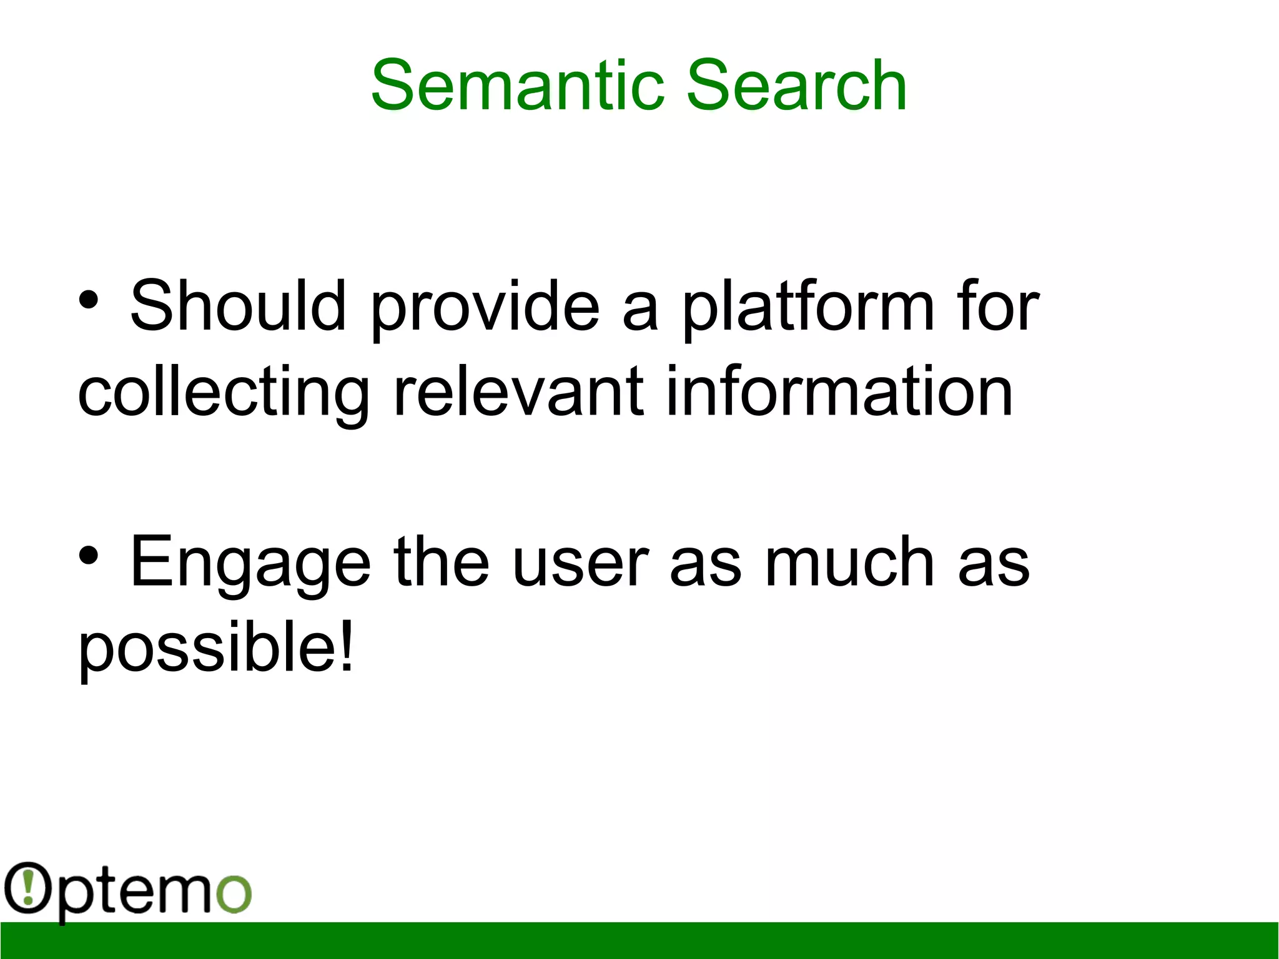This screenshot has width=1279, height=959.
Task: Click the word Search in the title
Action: pyautogui.click(x=796, y=86)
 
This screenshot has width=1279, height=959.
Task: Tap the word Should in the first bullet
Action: pyautogui.click(x=238, y=306)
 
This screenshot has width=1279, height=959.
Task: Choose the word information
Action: pyautogui.click(x=839, y=391)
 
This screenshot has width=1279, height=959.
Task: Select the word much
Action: pyautogui.click(x=849, y=562)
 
